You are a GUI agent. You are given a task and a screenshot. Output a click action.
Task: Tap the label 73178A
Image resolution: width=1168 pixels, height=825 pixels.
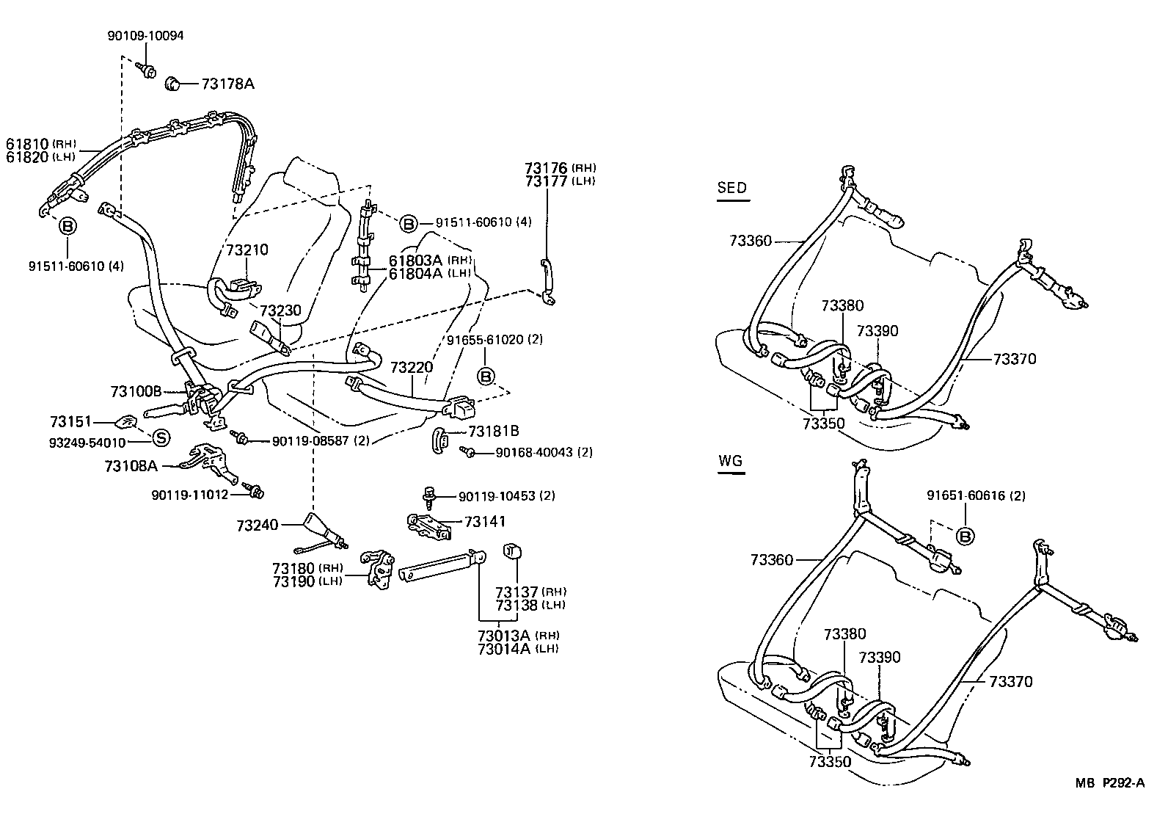point(227,84)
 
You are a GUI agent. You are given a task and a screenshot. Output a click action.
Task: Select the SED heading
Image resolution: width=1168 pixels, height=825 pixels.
point(731,187)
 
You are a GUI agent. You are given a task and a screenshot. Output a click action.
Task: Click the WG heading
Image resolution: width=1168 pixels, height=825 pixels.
point(731,461)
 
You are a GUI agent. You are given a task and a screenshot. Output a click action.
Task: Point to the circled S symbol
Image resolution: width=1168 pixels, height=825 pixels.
point(161,438)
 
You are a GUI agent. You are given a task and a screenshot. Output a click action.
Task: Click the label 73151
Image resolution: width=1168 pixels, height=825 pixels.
point(70,421)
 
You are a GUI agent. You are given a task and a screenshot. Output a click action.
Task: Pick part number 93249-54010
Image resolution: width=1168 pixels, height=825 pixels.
point(88,442)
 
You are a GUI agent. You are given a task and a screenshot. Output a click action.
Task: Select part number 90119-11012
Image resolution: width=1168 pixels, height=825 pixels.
point(191,495)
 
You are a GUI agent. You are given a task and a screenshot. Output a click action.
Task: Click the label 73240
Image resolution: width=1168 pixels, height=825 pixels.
point(258,526)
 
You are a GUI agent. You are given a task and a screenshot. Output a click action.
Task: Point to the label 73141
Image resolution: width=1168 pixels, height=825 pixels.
point(485,521)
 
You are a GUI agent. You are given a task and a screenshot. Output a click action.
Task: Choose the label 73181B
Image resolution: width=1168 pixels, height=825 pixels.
point(493,432)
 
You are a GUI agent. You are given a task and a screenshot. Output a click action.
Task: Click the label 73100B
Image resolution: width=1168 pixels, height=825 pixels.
point(136,391)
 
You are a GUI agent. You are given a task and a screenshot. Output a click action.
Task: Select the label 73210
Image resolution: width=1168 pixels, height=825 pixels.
point(247,250)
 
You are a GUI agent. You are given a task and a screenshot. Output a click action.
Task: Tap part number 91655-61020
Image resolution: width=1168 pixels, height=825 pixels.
point(484,340)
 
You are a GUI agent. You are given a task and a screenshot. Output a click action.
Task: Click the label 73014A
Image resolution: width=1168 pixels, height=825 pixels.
point(503,649)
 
